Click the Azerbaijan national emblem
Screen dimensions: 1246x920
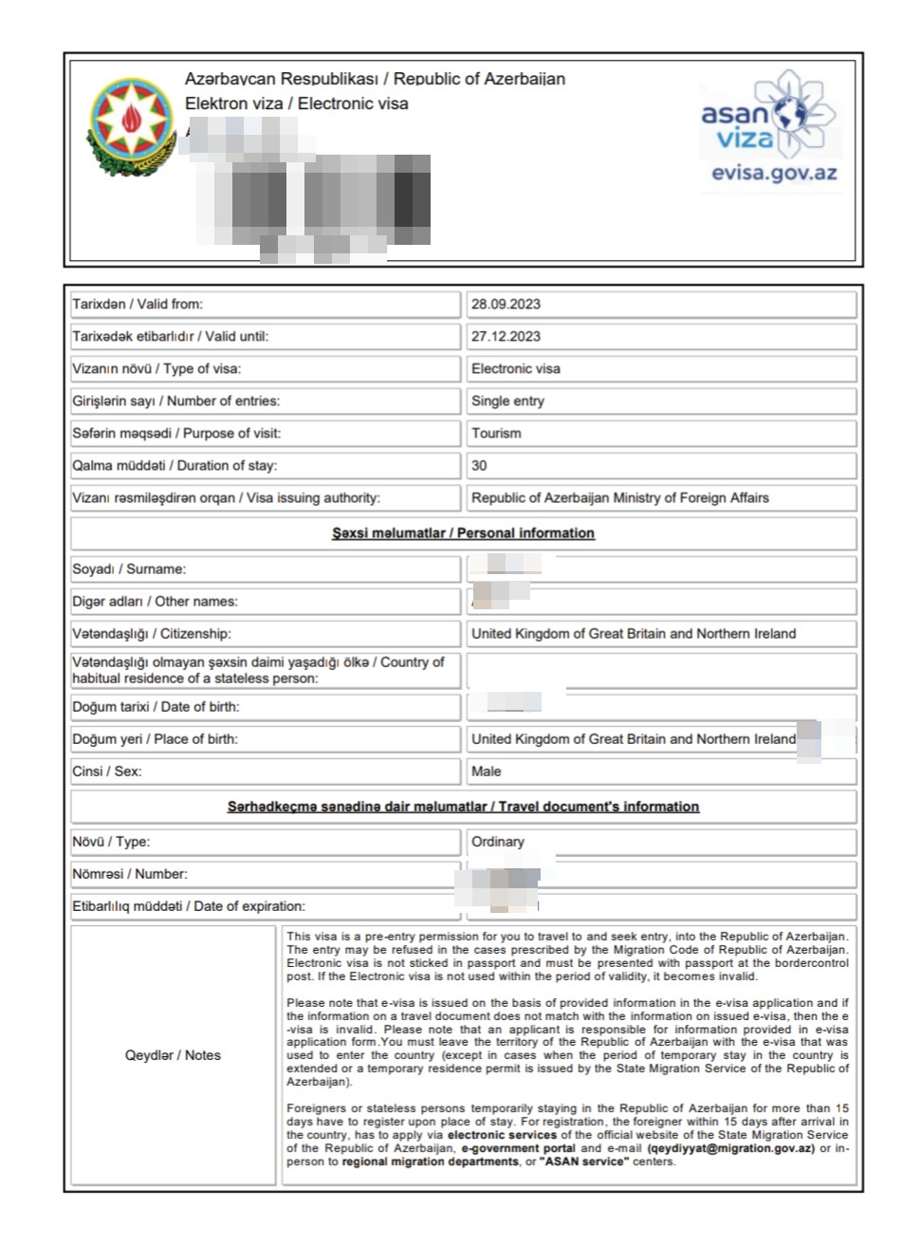(x=131, y=126)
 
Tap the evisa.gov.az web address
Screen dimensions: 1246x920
(x=774, y=174)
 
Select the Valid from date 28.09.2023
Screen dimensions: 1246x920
(x=506, y=305)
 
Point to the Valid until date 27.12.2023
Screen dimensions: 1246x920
(x=506, y=337)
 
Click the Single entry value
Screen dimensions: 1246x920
(x=507, y=401)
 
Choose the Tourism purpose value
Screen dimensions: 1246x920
(x=496, y=434)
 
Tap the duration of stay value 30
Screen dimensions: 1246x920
(x=479, y=466)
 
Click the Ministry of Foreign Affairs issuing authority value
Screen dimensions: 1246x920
(x=619, y=498)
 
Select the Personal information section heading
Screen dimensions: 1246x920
(x=463, y=533)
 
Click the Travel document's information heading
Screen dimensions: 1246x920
(x=463, y=807)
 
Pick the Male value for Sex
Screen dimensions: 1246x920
(x=486, y=772)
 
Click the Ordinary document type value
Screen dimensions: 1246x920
(x=497, y=842)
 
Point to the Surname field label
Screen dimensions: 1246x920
(x=129, y=569)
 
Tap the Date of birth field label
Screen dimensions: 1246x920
(x=156, y=707)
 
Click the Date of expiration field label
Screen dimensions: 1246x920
(x=189, y=906)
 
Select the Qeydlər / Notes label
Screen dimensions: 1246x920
(x=173, y=1055)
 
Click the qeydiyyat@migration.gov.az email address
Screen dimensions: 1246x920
(x=730, y=1148)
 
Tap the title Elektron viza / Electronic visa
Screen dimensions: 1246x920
(x=296, y=103)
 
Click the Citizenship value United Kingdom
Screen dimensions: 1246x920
(x=633, y=634)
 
